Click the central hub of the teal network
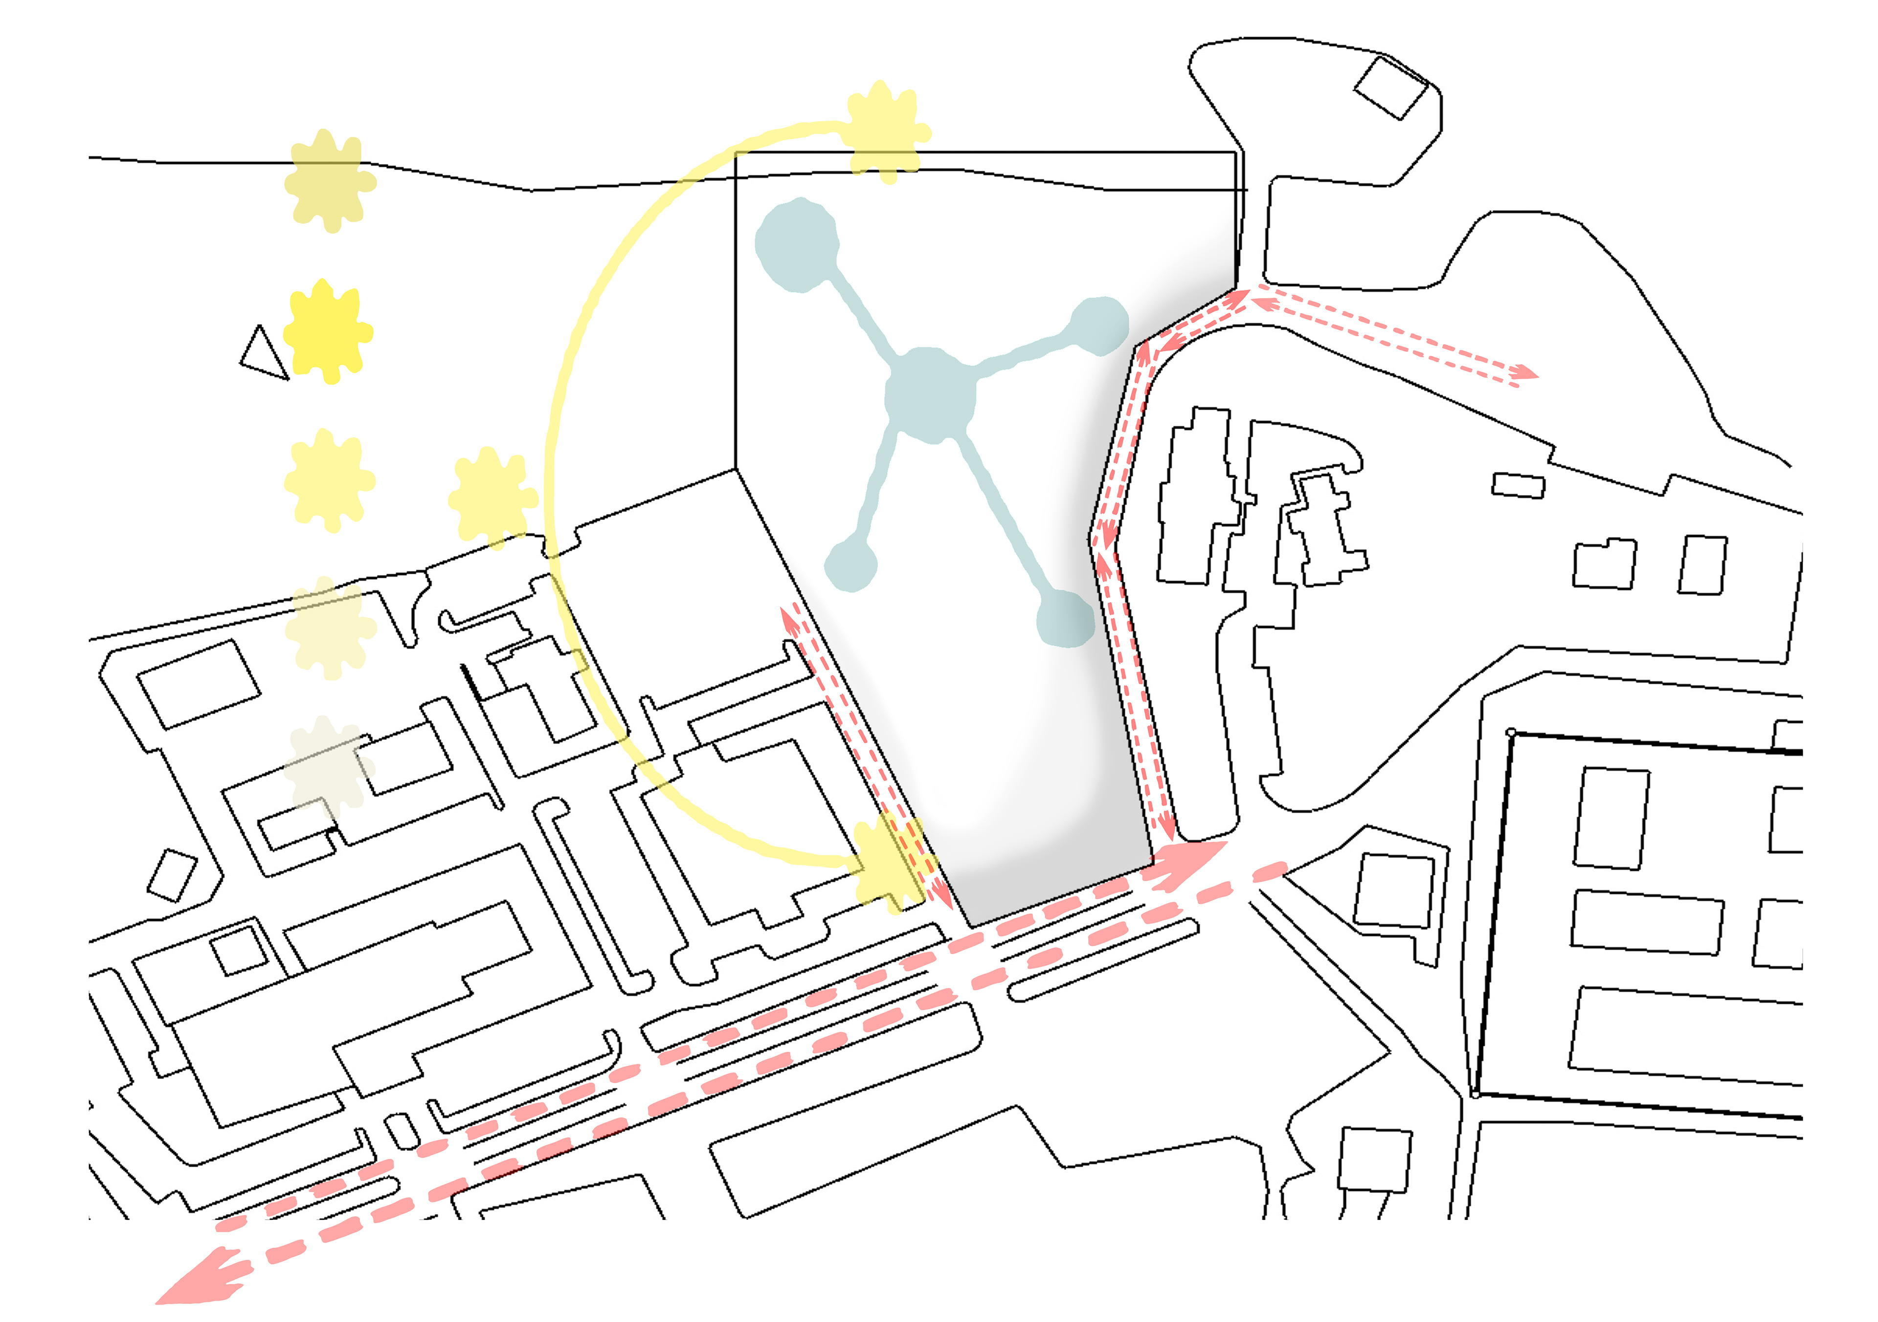pos(931,396)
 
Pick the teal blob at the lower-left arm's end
pos(850,563)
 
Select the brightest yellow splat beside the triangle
pos(329,331)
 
